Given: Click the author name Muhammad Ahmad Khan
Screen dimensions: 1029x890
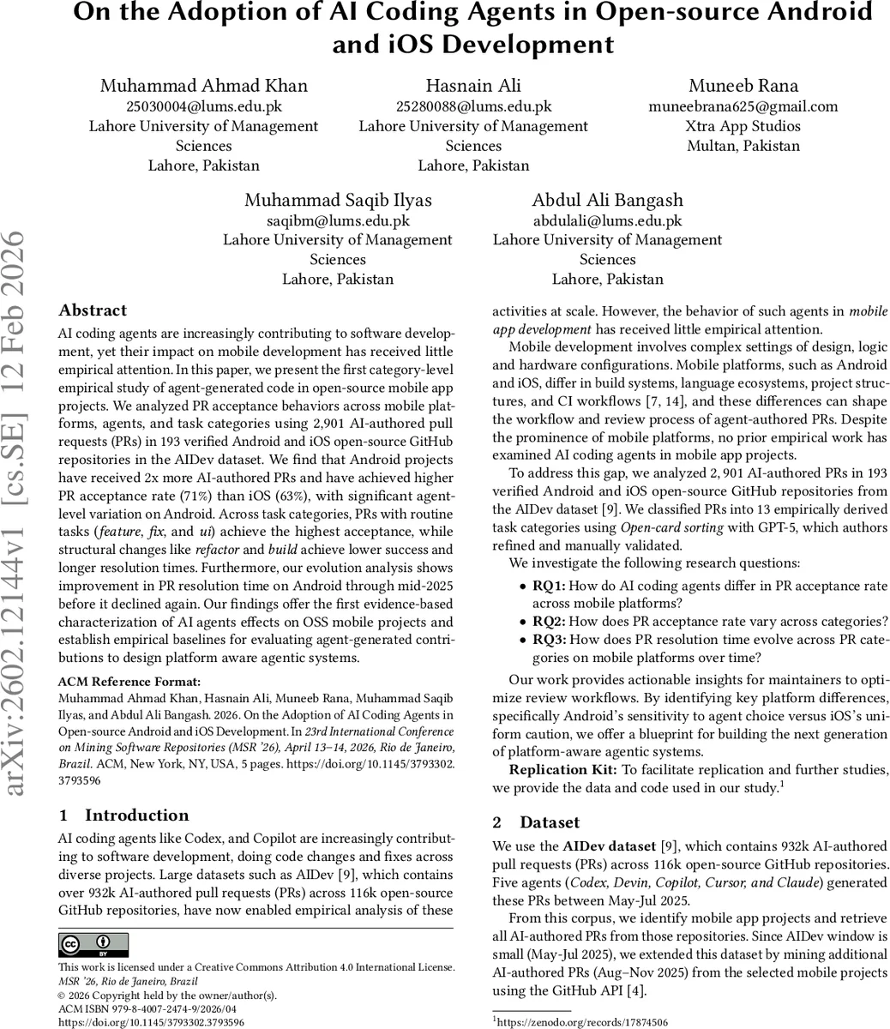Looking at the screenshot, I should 204,86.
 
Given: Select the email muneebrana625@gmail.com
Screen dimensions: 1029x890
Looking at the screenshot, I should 743,106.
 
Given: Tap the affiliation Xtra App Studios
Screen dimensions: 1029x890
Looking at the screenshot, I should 743,126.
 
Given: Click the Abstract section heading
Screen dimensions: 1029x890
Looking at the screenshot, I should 93,310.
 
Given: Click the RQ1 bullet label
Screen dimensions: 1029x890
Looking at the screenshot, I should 549,587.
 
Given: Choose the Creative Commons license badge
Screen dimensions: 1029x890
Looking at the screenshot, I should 93,945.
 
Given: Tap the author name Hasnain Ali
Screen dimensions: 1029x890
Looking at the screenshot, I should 473,86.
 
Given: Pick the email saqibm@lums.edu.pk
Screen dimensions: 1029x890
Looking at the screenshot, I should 338,220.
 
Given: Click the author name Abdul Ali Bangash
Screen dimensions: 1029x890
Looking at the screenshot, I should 607,200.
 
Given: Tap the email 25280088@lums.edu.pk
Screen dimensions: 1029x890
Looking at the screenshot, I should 473,106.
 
